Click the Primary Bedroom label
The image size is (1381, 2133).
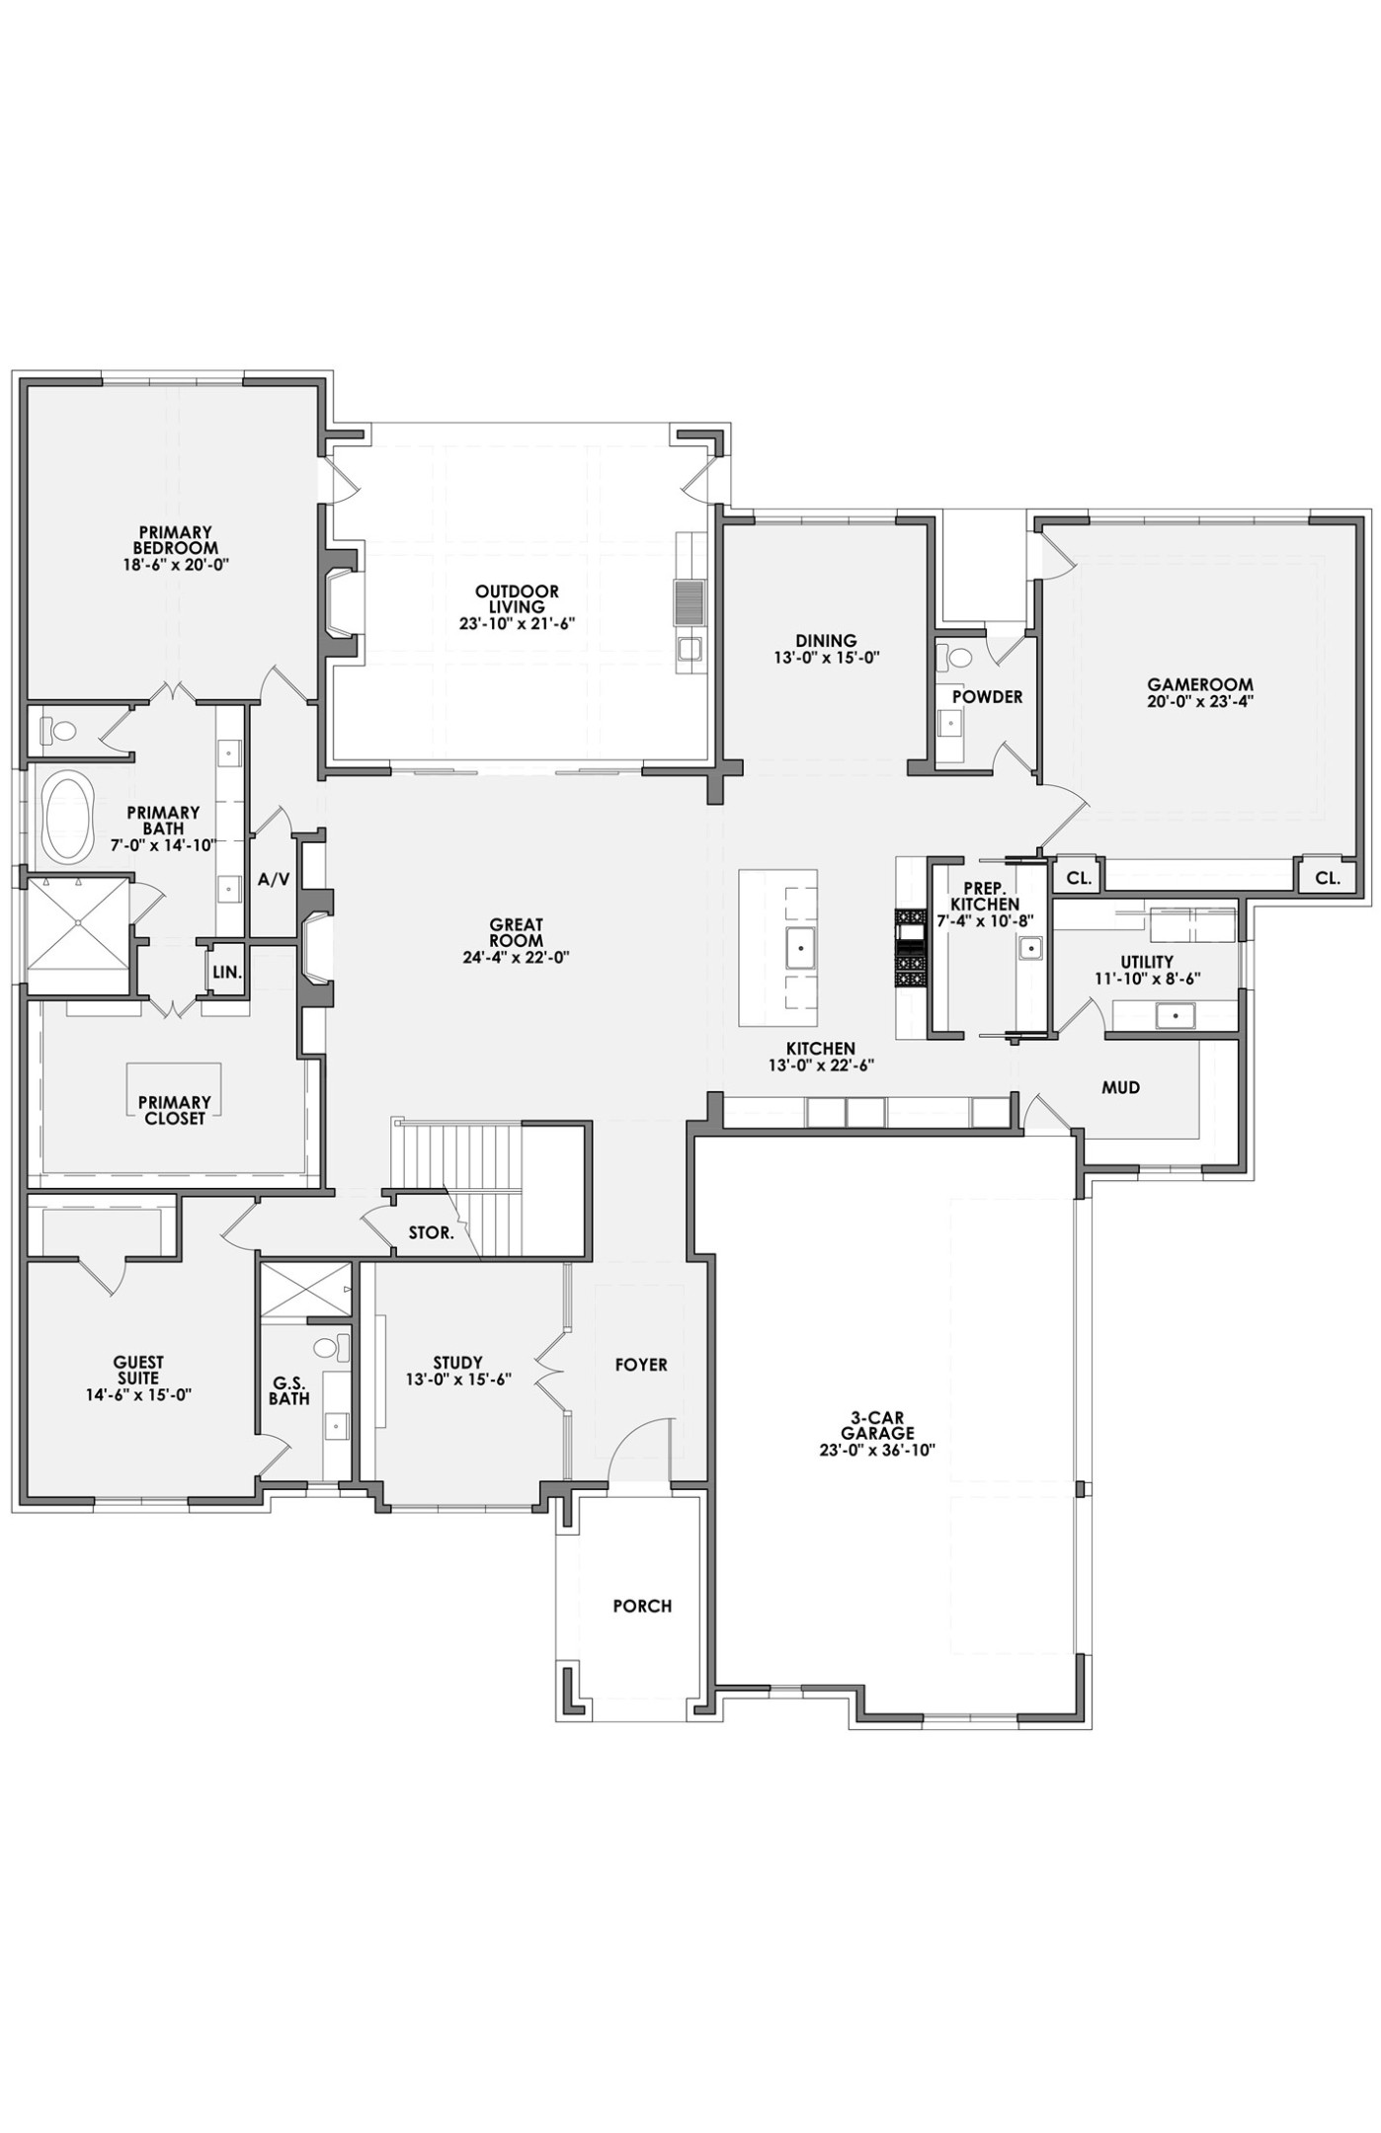coord(176,540)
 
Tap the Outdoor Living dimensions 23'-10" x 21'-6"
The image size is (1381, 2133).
coord(517,624)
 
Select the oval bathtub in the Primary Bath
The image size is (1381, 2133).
coord(67,817)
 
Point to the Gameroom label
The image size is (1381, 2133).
coord(1199,684)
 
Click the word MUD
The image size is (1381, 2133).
coord(1120,1088)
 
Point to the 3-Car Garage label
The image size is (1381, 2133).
coord(877,1426)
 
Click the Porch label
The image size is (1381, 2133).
coord(642,1607)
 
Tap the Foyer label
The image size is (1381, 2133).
coord(641,1365)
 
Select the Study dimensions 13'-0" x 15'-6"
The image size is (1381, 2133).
coord(457,1381)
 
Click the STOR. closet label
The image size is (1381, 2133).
coord(431,1233)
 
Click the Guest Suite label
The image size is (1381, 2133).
coord(138,1371)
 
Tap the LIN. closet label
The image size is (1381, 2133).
coord(226,972)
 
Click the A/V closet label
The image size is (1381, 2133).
coord(274,879)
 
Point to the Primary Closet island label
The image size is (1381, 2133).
coord(173,1110)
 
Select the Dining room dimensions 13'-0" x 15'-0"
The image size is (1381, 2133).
coord(826,656)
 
